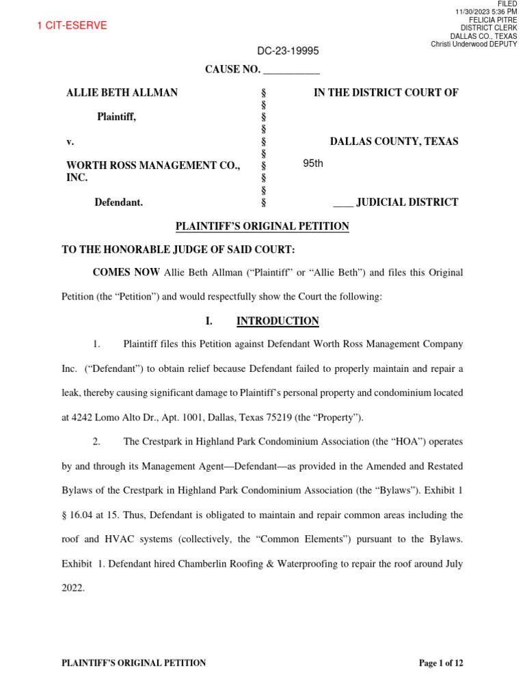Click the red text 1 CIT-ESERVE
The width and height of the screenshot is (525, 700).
[x=72, y=26]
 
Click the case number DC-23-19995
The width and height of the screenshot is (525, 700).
[x=288, y=51]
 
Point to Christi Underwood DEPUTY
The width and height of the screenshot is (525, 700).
[x=474, y=44]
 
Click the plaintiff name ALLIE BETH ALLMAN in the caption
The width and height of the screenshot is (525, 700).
[x=112, y=93]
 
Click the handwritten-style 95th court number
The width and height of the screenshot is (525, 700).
[x=313, y=163]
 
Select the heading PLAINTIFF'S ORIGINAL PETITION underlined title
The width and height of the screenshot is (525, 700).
[x=262, y=226]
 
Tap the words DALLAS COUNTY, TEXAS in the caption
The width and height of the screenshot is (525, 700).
[x=394, y=142]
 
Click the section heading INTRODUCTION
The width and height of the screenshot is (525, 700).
[x=277, y=321]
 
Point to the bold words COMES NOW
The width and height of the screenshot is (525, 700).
[x=126, y=273]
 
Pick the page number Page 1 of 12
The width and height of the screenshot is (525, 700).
[x=441, y=663]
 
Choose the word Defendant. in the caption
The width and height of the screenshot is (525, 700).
[x=119, y=202]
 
